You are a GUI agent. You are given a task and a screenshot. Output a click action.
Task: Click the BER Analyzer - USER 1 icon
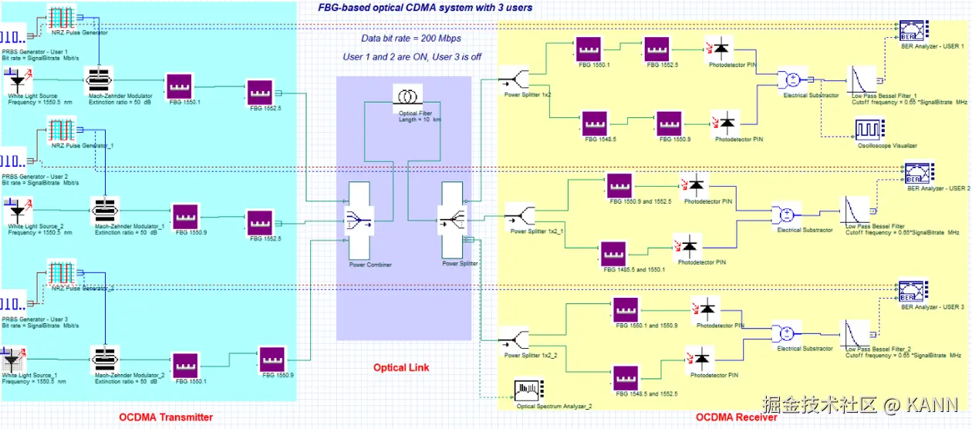[913, 32]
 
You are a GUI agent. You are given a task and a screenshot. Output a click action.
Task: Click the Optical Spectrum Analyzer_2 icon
[529, 389]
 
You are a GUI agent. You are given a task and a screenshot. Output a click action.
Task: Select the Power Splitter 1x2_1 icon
[520, 216]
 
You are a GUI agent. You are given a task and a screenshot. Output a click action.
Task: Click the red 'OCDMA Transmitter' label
[166, 417]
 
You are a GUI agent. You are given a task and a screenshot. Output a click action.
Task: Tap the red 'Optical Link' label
[401, 367]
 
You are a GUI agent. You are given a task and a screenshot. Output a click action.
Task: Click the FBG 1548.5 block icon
[594, 123]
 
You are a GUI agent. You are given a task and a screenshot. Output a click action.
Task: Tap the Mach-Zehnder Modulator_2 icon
[103, 360]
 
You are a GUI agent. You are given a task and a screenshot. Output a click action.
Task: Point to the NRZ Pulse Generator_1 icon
[61, 130]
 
